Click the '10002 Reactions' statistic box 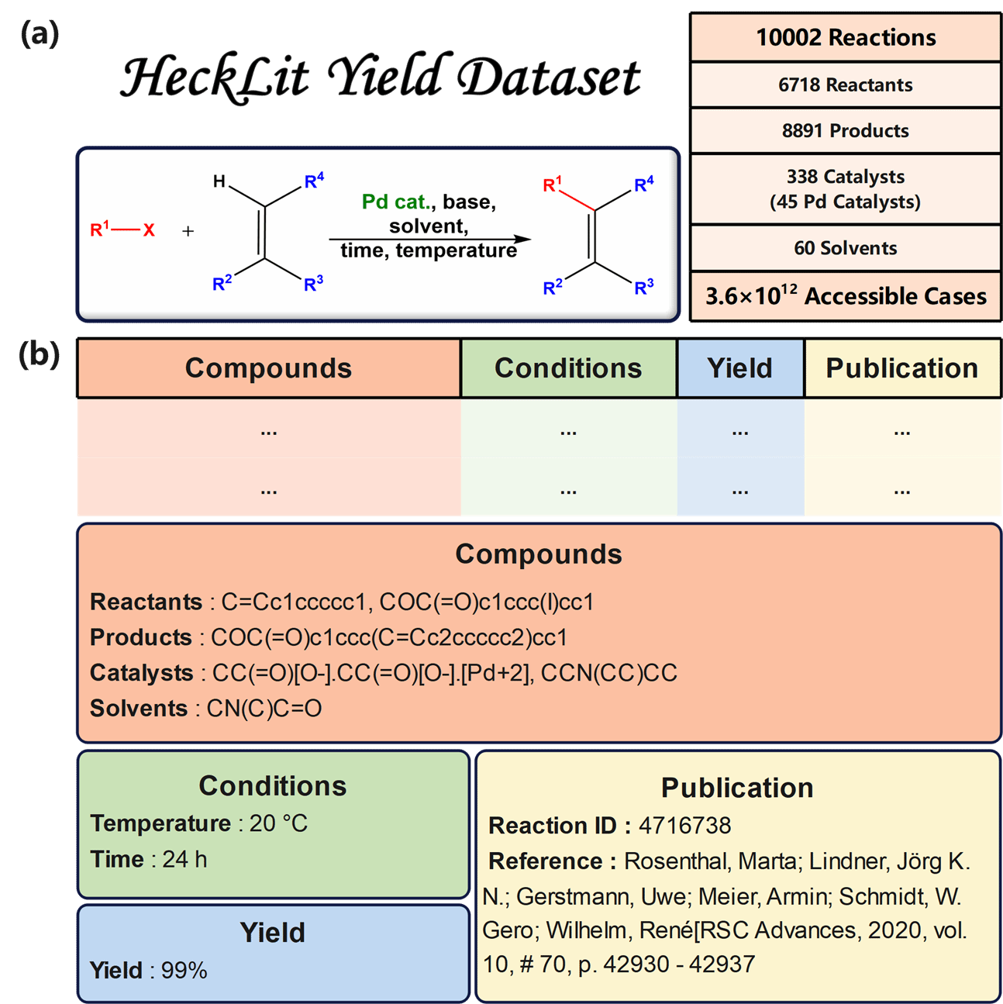(x=846, y=37)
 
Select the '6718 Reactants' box (x=846, y=85)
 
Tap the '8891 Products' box (x=846, y=130)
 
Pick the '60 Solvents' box (x=846, y=248)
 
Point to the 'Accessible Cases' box (x=846, y=296)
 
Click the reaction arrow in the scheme (x=430, y=240)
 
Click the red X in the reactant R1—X (x=149, y=230)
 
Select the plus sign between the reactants (x=188, y=231)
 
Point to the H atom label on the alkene (x=219, y=181)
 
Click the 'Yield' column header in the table (x=740, y=368)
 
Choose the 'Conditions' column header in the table (x=568, y=368)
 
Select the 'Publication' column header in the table (x=902, y=368)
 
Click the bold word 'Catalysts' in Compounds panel (x=142, y=673)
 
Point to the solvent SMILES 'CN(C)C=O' (x=264, y=709)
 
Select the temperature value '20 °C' (x=279, y=823)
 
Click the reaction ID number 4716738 (x=685, y=826)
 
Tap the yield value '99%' (x=184, y=971)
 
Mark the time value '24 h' (x=184, y=859)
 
